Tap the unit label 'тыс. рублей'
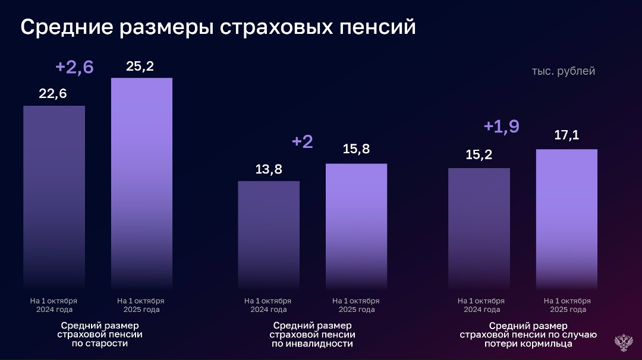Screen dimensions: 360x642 [563, 71]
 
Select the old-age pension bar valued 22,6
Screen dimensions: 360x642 [54, 196]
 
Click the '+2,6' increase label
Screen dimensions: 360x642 [74, 67]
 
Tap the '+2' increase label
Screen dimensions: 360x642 [303, 142]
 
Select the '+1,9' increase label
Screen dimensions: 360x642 [501, 126]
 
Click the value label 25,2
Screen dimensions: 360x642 [140, 66]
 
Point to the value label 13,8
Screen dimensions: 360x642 [269, 169]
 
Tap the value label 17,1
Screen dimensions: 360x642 [567, 135]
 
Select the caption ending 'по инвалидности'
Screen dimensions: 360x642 [312, 334]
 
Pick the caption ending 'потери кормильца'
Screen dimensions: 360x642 [528, 334]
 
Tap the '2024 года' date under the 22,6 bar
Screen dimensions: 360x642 [54, 310]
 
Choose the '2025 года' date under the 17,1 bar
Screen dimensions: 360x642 [568, 310]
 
